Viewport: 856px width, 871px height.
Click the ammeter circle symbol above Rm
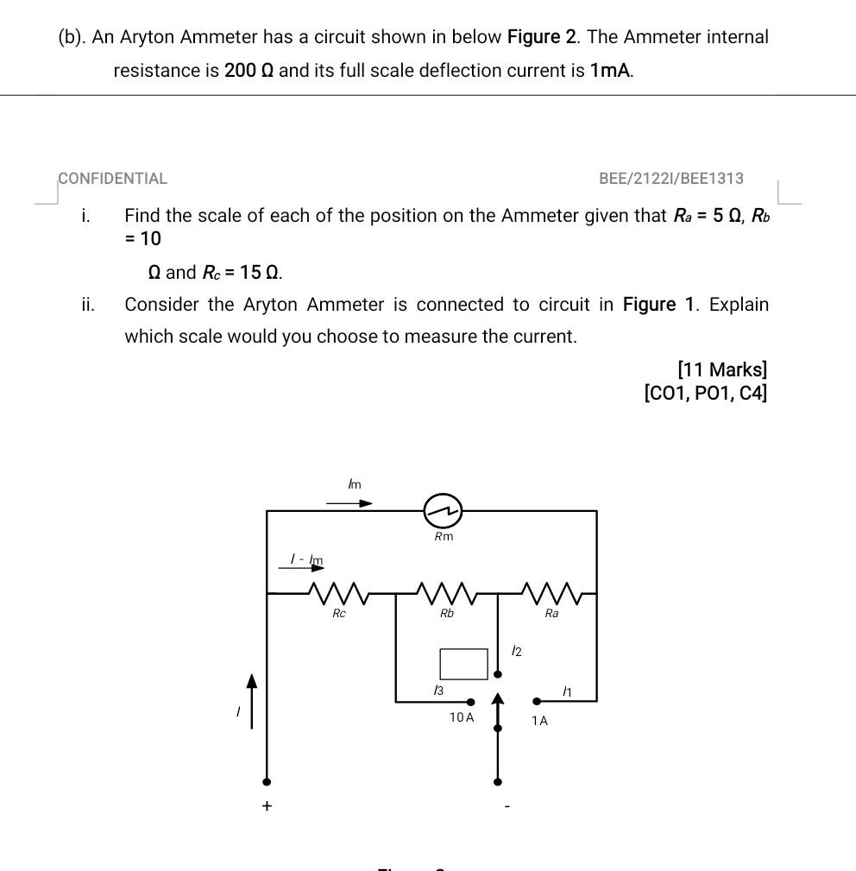point(443,511)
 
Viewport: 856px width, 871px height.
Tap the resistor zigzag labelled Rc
point(339,593)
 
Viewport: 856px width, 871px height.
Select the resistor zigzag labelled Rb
point(446,593)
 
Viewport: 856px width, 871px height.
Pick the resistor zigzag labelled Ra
point(552,593)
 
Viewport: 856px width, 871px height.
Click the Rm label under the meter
point(444,537)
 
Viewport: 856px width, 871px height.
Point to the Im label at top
point(354,484)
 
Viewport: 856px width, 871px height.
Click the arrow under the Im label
point(349,502)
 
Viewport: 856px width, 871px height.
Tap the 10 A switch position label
point(462,717)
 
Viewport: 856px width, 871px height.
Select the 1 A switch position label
point(539,720)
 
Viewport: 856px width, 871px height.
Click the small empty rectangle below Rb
point(463,663)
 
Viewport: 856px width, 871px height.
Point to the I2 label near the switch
point(516,651)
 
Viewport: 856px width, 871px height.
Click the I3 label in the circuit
point(438,690)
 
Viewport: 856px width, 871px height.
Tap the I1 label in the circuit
point(567,691)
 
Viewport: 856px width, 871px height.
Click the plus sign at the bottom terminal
point(267,805)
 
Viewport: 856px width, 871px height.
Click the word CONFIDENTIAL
point(113,179)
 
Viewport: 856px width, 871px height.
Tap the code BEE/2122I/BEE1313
point(670,179)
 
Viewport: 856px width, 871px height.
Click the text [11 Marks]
point(722,369)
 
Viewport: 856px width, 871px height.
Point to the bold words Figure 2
point(542,37)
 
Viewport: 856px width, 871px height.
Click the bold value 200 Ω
point(249,71)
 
